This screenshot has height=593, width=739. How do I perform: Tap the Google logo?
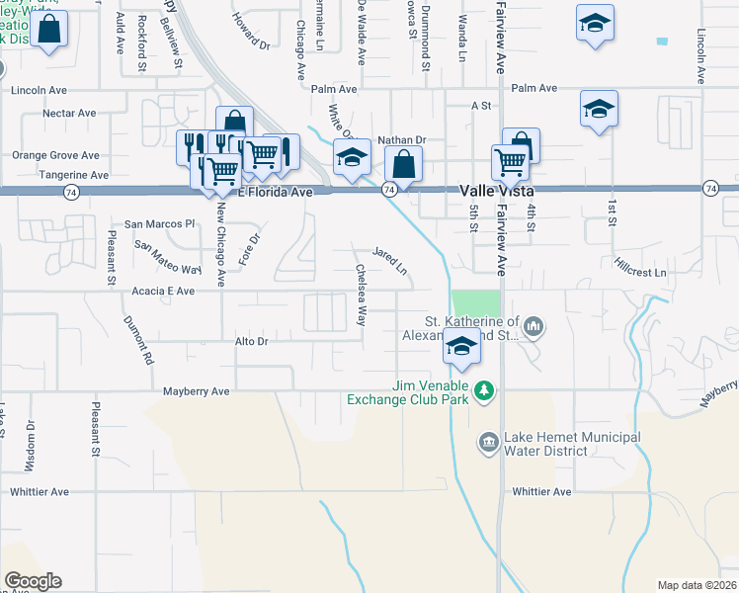(x=33, y=581)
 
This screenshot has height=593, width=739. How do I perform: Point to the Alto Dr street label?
(x=251, y=340)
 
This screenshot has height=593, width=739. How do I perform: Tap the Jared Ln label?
(x=389, y=260)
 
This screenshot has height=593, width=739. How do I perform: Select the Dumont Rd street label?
(x=139, y=340)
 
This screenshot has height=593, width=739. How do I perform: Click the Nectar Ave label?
(x=68, y=114)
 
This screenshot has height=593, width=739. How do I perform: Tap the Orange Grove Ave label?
(x=55, y=155)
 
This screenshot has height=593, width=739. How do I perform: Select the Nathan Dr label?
(x=401, y=140)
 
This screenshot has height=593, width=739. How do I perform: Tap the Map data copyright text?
(x=697, y=584)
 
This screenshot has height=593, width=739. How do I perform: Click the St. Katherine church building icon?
(x=533, y=325)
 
